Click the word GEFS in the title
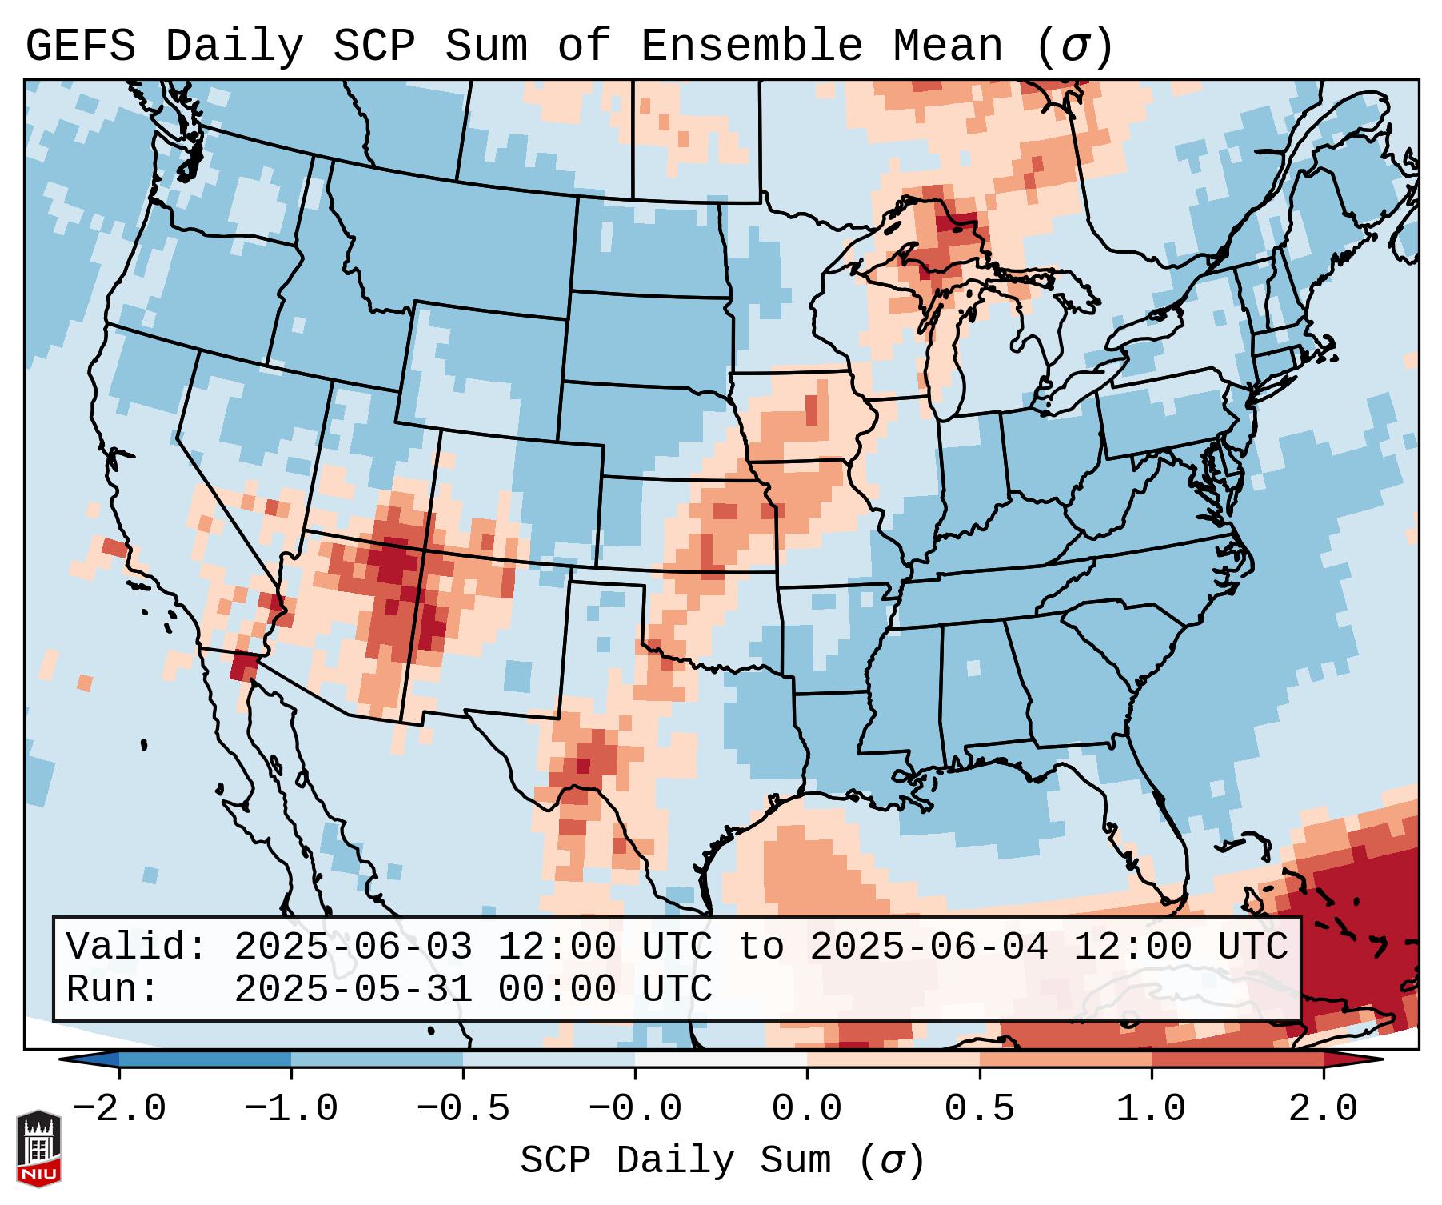[x=81, y=46]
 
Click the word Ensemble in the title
[x=752, y=46]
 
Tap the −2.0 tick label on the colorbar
[x=119, y=1109]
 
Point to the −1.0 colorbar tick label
[x=291, y=1109]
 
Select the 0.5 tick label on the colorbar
[x=979, y=1109]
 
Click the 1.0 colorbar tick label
[x=1151, y=1109]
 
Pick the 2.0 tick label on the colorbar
[x=1323, y=1109]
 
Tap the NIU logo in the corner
[x=38, y=1147]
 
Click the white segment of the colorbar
[x=721, y=1060]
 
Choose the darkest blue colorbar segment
[x=205, y=1060]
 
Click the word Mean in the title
[x=948, y=46]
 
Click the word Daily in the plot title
[x=234, y=46]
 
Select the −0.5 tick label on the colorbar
[x=463, y=1109]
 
